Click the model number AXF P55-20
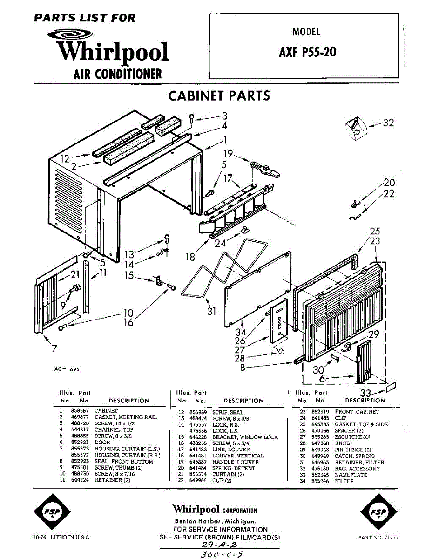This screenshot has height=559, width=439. coord(307,52)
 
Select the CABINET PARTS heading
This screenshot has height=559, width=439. coord(219,96)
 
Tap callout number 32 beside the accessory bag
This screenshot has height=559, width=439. coord(388,123)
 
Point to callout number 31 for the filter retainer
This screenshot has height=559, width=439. coord(211,311)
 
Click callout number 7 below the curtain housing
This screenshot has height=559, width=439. coord(54,348)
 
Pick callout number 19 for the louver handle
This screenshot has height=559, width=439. coord(228,154)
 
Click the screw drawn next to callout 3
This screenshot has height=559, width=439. coord(192,118)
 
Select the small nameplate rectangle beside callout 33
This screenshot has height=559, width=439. coord(391,387)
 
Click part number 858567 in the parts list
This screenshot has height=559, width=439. coord(77,411)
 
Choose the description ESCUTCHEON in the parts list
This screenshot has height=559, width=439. coord(352,437)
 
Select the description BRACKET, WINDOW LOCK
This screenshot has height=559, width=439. coord(245,437)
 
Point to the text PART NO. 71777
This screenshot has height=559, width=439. coord(378,538)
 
